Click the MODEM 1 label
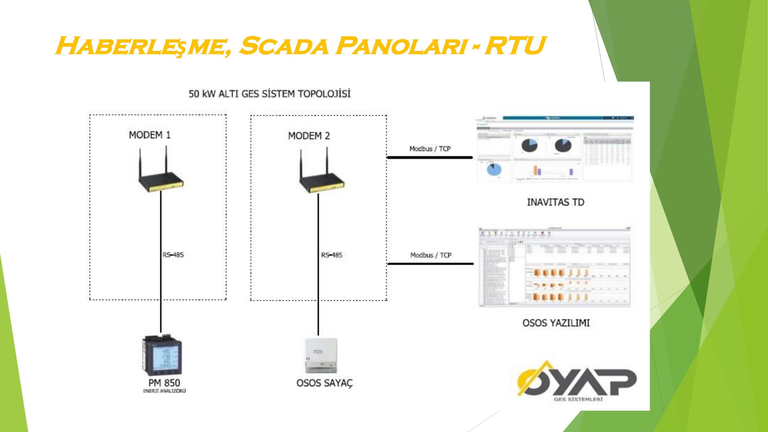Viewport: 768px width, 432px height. pyautogui.click(x=150, y=135)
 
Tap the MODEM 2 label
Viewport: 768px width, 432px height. pyautogui.click(x=309, y=136)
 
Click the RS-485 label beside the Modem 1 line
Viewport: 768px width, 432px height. pyautogui.click(x=173, y=255)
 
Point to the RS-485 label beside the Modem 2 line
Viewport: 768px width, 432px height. pyautogui.click(x=332, y=255)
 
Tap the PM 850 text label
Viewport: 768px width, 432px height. pyautogui.click(x=164, y=383)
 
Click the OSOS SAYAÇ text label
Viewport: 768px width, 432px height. pyautogui.click(x=325, y=383)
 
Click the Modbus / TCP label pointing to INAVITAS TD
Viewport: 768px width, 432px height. pyautogui.click(x=430, y=149)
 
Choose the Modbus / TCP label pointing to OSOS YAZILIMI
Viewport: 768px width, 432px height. pyautogui.click(x=431, y=255)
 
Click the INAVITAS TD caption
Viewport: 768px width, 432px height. pyautogui.click(x=556, y=202)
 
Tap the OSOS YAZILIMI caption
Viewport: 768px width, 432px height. pyautogui.click(x=556, y=323)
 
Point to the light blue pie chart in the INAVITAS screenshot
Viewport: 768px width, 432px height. pyautogui.click(x=494, y=170)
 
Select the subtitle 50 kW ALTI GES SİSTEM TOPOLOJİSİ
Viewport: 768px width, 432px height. pyautogui.click(x=269, y=94)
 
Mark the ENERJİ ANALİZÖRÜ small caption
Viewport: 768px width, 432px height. pyautogui.click(x=164, y=391)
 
